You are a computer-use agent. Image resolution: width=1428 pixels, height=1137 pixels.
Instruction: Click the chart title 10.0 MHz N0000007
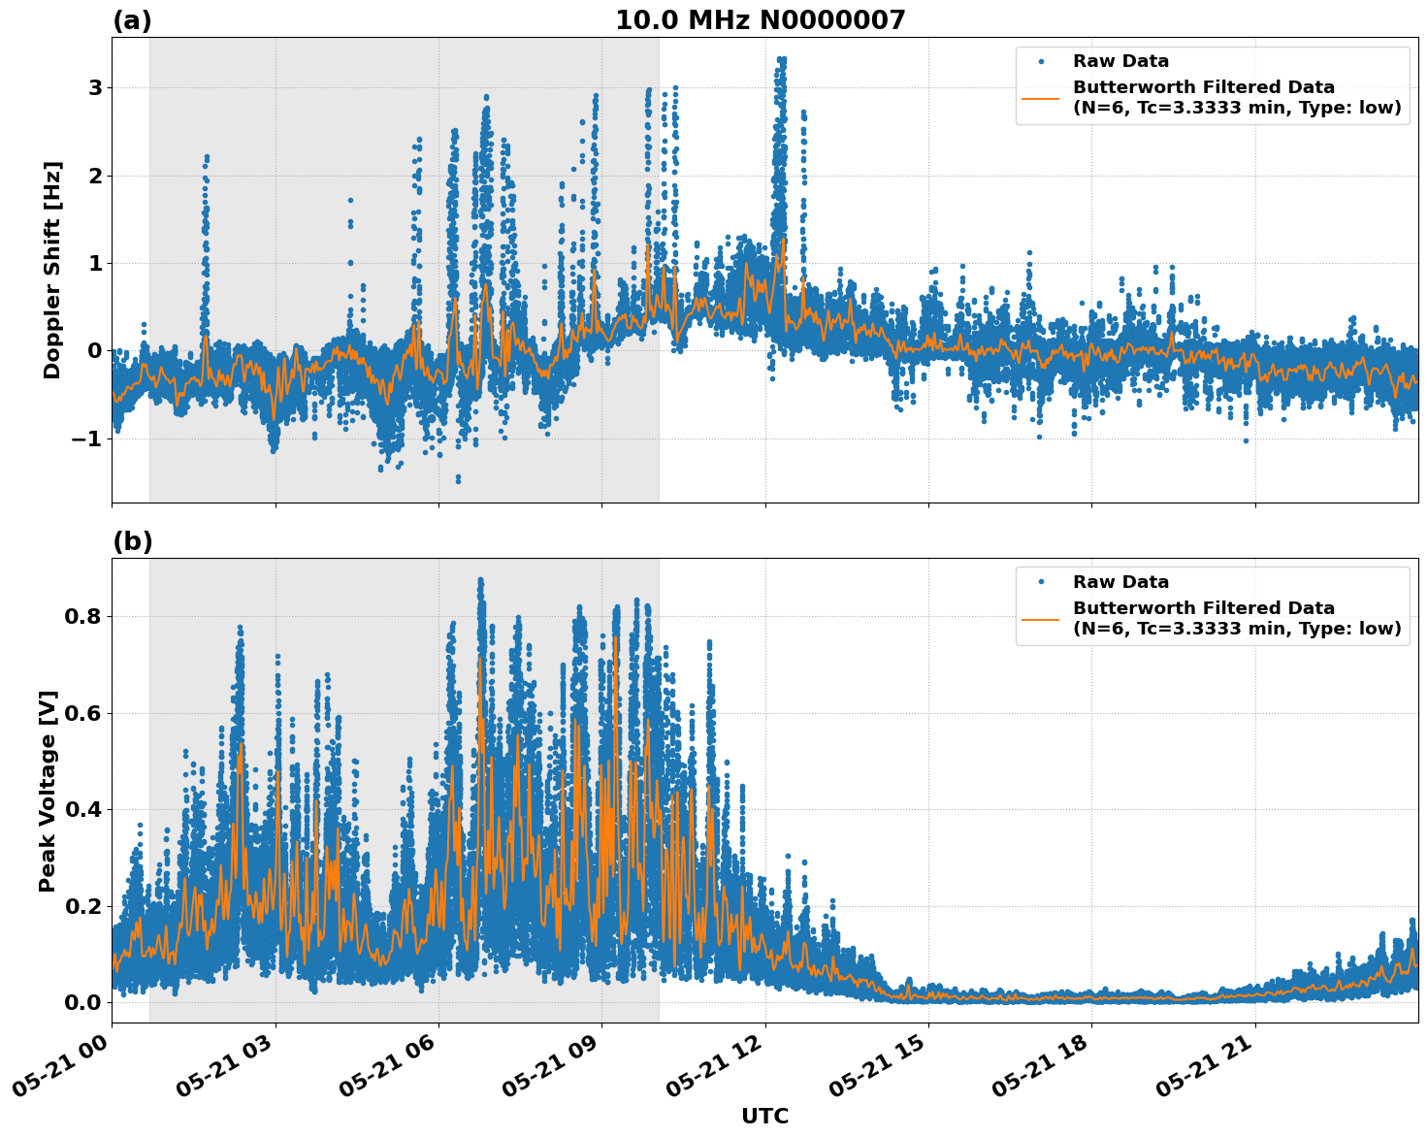tap(760, 20)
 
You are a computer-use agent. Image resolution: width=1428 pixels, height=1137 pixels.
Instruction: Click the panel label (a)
tap(132, 20)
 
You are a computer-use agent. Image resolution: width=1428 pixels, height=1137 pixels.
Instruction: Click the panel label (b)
tap(132, 541)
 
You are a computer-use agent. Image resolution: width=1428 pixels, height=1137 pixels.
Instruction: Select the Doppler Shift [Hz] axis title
tap(52, 270)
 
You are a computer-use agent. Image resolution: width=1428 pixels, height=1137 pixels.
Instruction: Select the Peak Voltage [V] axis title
tap(48, 791)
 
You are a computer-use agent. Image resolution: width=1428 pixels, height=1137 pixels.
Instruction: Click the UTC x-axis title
tap(764, 1116)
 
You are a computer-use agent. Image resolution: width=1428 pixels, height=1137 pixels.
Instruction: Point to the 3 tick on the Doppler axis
tap(95, 88)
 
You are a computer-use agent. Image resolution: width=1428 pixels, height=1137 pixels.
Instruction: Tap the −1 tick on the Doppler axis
tap(87, 439)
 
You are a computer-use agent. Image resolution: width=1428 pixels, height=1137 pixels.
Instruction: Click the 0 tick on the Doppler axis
tap(95, 351)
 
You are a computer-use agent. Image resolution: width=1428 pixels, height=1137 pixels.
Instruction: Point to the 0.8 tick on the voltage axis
tap(81, 617)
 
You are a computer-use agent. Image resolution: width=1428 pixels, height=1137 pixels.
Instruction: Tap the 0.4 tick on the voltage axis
tap(81, 809)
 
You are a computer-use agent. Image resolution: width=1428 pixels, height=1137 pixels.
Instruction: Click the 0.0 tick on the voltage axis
tap(81, 1002)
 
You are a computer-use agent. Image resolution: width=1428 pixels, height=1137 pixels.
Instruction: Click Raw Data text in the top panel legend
tap(1120, 61)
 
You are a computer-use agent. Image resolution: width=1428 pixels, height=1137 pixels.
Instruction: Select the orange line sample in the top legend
tap(1041, 98)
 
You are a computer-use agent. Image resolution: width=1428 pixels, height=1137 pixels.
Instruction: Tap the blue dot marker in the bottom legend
tap(1041, 582)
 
